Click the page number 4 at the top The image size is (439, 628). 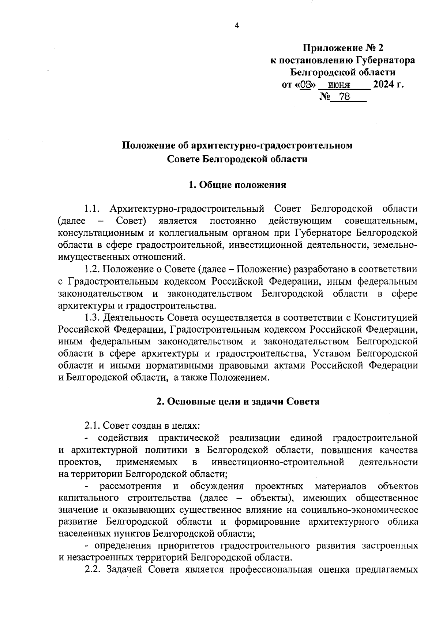click(237, 25)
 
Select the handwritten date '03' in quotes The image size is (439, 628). click(308, 85)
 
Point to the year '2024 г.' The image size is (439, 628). click(388, 84)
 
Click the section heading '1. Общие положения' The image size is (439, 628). click(237, 185)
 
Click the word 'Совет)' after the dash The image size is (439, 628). click(131, 221)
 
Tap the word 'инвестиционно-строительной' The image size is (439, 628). click(278, 462)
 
